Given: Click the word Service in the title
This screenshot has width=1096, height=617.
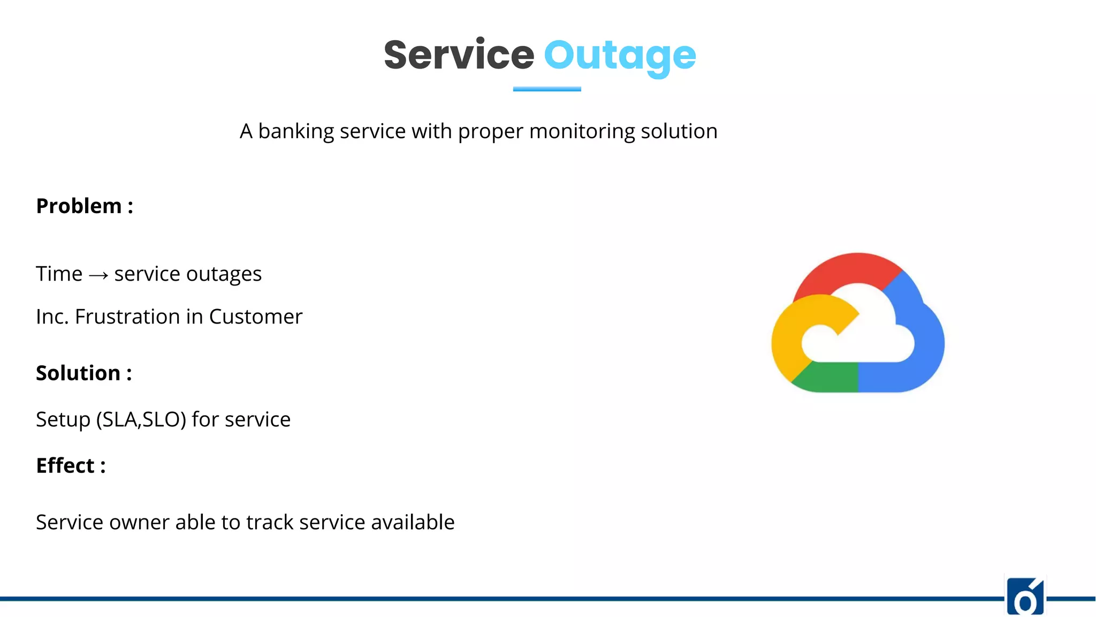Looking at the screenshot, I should (x=459, y=55).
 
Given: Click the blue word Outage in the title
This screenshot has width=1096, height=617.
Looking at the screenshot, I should (x=620, y=56).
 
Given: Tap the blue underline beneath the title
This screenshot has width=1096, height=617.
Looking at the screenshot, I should (x=547, y=89).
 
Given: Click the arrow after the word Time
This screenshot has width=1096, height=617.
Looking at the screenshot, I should (x=98, y=275).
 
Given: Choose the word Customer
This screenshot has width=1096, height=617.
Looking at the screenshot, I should (x=255, y=317).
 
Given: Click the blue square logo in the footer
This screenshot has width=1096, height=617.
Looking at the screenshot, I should (x=1025, y=597).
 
